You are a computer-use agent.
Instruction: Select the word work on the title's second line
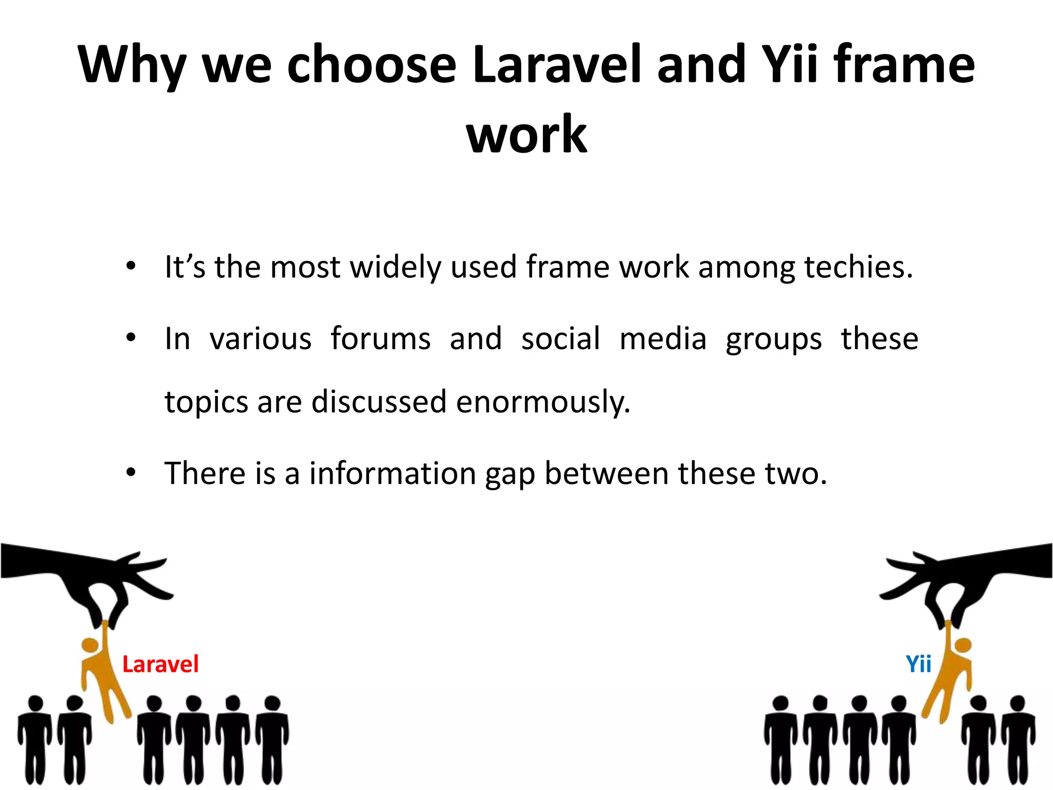click(x=526, y=135)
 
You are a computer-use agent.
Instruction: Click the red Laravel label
click(x=160, y=664)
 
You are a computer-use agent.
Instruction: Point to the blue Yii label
click(x=918, y=664)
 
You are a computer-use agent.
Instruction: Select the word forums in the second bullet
click(x=380, y=339)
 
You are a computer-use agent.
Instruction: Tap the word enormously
click(x=542, y=402)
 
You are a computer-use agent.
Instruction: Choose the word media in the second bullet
click(x=663, y=339)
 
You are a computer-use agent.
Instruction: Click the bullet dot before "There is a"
click(x=131, y=472)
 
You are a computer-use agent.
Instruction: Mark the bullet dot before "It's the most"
click(x=131, y=266)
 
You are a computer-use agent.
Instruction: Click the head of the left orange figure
click(x=90, y=645)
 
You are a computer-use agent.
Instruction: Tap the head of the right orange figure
click(x=962, y=645)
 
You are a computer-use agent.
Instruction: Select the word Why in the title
click(x=131, y=66)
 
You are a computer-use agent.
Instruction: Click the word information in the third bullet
click(x=392, y=474)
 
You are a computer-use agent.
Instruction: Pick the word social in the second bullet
click(x=560, y=339)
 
